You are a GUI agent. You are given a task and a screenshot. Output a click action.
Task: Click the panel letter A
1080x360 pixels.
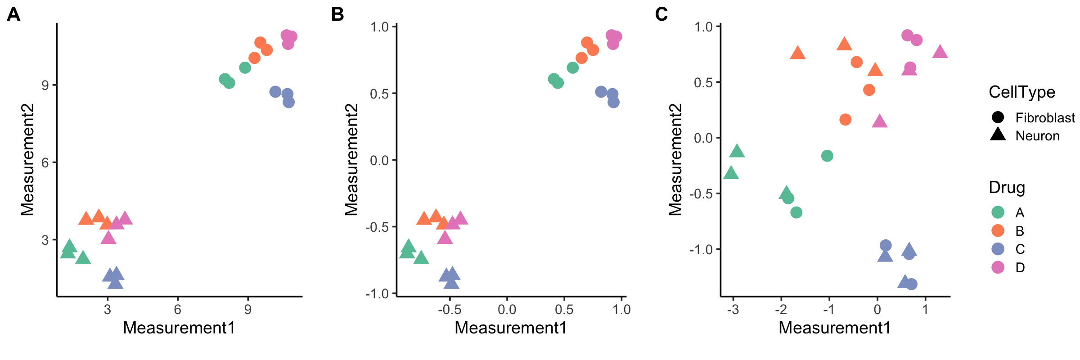click(13, 14)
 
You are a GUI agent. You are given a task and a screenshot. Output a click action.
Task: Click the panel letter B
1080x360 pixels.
click(337, 14)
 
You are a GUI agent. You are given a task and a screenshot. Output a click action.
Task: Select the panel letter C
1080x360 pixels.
click(661, 14)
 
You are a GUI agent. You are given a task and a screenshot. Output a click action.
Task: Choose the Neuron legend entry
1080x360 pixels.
click(1037, 136)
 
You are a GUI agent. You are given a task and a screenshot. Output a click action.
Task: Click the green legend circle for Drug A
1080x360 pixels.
click(998, 212)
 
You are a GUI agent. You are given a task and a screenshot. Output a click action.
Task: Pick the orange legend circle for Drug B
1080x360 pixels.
click(998, 231)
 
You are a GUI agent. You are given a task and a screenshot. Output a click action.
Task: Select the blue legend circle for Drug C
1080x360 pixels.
click(998, 249)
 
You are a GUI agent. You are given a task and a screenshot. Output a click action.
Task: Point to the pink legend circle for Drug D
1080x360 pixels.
click(998, 267)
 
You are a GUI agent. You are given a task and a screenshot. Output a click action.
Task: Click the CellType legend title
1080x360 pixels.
click(1022, 92)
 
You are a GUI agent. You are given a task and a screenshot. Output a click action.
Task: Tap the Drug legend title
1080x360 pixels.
click(1007, 187)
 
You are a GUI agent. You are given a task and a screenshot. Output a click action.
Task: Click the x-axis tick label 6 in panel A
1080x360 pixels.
click(178, 310)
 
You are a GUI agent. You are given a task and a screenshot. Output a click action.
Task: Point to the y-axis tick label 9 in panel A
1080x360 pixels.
click(45, 85)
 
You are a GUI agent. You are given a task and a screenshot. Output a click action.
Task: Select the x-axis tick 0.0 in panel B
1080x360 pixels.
click(507, 310)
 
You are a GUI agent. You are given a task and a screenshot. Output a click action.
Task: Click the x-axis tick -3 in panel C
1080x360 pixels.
click(733, 310)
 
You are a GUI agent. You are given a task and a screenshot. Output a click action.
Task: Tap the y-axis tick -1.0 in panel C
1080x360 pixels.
click(701, 249)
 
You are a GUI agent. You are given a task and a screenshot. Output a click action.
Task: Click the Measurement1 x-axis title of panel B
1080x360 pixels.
click(511, 328)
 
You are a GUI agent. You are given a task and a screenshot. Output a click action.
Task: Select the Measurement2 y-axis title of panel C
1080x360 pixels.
click(675, 160)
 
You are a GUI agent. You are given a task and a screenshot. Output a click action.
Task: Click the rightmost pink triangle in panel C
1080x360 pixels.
click(940, 52)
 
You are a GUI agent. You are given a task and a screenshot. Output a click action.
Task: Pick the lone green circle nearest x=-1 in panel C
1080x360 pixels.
click(827, 156)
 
